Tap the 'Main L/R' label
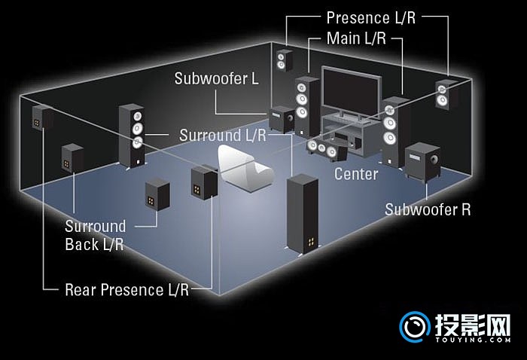point(356,38)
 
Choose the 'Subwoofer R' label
point(428,209)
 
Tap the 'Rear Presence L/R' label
point(126,288)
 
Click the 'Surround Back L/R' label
point(96,235)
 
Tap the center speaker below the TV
point(327,148)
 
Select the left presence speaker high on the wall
point(284,59)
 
